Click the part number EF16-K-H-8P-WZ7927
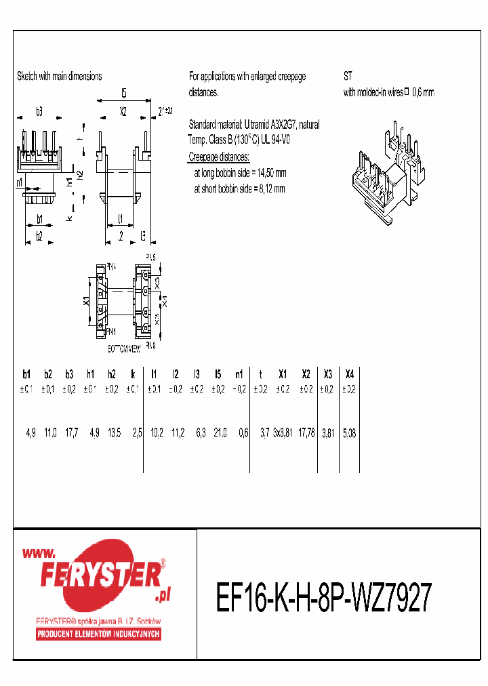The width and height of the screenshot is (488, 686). [323, 597]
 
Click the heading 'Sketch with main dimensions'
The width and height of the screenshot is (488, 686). [60, 77]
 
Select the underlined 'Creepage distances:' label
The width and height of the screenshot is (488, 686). [218, 157]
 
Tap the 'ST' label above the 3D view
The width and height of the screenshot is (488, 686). [348, 77]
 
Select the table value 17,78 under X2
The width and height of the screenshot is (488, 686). [306, 432]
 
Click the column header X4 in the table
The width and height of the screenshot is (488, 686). [349, 374]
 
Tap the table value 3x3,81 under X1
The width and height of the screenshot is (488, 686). [281, 432]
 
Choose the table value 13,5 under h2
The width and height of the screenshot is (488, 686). [113, 432]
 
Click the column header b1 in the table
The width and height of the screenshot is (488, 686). [26, 374]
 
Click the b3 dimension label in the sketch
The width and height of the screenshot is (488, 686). [39, 110]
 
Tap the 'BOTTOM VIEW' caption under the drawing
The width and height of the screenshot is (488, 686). [124, 348]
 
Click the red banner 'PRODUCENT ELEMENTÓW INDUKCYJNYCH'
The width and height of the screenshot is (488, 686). [98, 634]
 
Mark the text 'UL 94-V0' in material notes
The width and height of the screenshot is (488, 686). [274, 140]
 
